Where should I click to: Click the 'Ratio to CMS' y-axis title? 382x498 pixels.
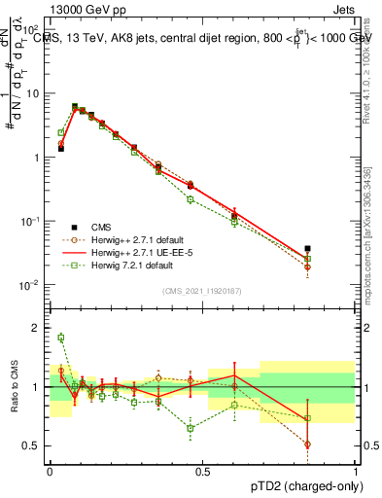pos(16,387)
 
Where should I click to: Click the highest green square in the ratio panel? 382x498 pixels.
pos(60,338)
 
